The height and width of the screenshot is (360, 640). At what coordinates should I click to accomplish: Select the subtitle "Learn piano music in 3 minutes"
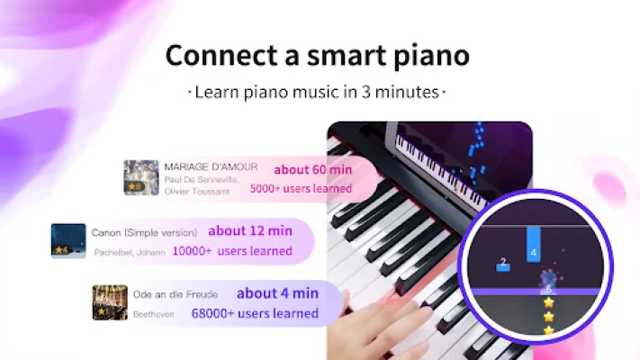(317, 92)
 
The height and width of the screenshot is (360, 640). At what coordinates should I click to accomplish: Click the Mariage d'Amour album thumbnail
(141, 177)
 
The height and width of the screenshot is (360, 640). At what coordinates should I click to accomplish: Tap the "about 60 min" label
(312, 169)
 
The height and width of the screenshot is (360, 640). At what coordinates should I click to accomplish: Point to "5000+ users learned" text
(301, 188)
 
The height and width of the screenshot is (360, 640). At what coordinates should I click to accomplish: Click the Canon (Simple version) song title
(144, 233)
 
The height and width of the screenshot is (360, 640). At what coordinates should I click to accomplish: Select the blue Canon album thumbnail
(68, 241)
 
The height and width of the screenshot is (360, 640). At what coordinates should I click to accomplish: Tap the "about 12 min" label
(250, 230)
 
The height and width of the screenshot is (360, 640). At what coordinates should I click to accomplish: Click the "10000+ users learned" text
(232, 250)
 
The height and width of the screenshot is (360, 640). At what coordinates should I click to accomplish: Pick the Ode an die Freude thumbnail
(110, 302)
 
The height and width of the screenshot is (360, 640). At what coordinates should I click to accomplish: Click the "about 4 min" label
(277, 293)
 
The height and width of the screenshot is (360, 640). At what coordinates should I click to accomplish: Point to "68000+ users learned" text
(255, 313)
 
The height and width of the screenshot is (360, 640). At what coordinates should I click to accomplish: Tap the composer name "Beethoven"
(153, 314)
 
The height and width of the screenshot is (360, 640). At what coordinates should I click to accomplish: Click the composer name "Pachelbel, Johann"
(130, 252)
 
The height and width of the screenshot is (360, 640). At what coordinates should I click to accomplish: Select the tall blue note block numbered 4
(534, 244)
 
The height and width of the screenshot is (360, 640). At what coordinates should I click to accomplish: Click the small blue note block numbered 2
(503, 265)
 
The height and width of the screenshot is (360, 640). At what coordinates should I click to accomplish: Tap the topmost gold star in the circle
(548, 302)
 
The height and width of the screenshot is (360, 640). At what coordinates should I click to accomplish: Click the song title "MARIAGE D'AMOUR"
(211, 166)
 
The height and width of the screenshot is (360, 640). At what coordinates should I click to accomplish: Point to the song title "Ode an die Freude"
(176, 294)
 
